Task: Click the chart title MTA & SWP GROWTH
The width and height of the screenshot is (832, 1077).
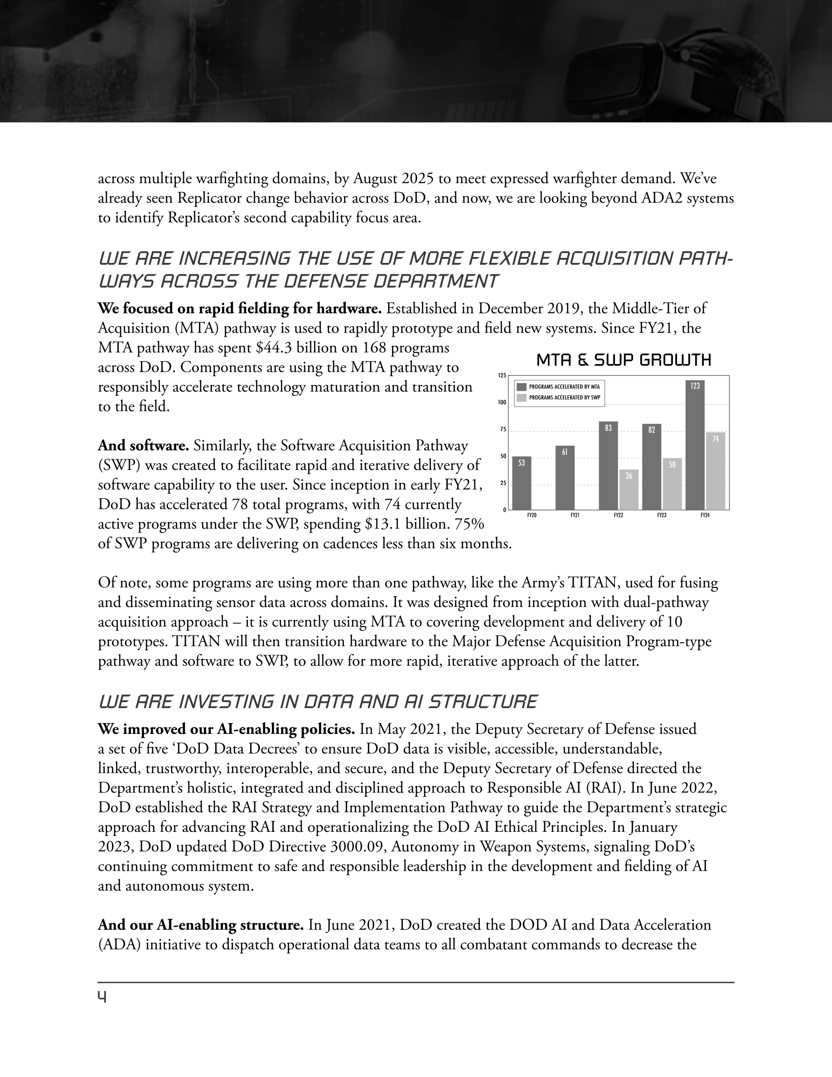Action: coord(624,360)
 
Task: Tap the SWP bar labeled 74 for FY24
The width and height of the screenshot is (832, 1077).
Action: coord(716,471)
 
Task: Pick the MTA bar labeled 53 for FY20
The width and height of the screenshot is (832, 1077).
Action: coord(522,483)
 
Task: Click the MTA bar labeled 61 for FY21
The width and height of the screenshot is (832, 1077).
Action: coord(565,478)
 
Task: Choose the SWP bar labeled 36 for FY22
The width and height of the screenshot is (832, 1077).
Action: coord(629,490)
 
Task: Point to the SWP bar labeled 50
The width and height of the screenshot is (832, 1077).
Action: coord(672,484)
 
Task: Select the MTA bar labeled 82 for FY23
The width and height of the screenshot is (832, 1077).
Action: coord(652,466)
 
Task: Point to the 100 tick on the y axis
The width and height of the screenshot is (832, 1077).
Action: coord(502,403)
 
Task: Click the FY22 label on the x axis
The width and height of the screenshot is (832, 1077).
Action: coord(618,515)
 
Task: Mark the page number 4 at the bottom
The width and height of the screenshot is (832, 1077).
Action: coord(102,998)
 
